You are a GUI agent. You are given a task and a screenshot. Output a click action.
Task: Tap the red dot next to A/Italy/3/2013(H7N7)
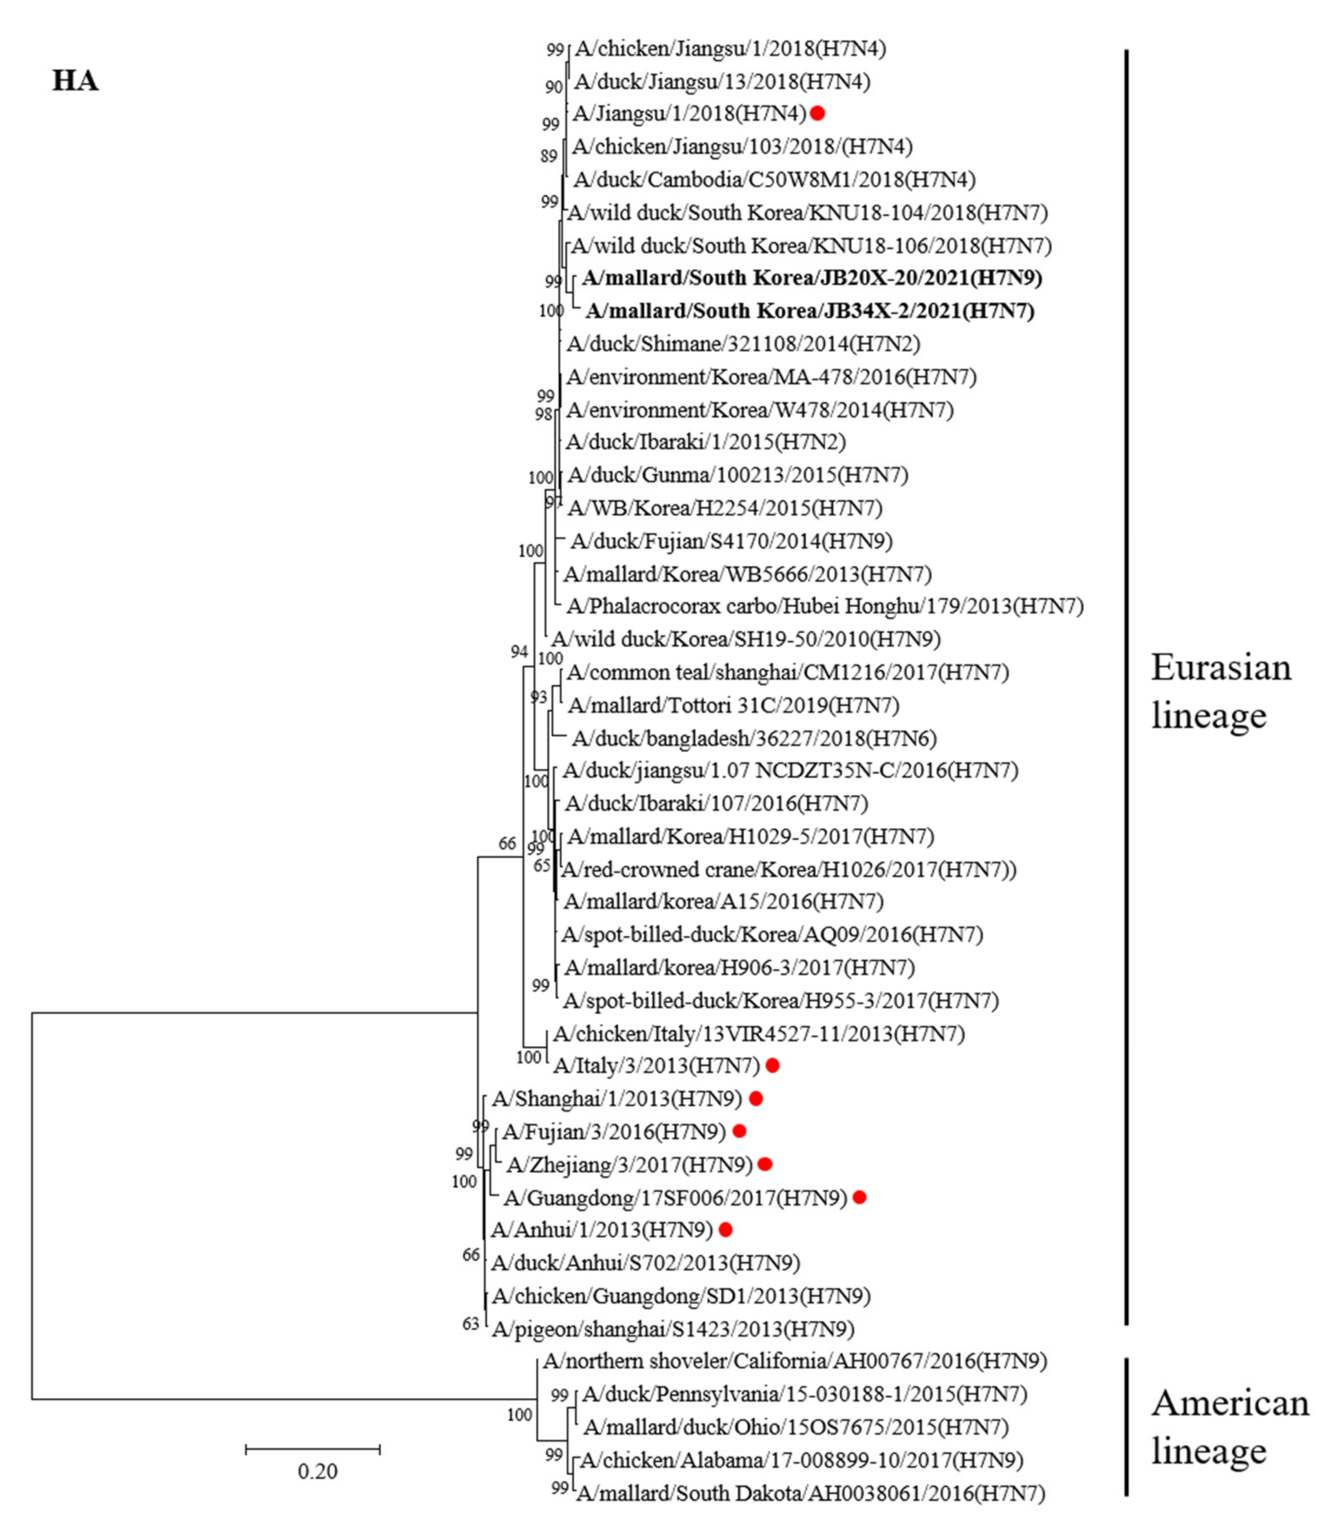[773, 1065]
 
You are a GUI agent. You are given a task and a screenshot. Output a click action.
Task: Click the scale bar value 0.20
[318, 1471]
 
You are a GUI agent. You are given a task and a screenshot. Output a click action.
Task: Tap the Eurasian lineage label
[1220, 691]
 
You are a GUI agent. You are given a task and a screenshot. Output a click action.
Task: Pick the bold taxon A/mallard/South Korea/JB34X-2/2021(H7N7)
[810, 311]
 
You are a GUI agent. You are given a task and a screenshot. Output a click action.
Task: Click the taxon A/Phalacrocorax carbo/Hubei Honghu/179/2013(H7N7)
[825, 606]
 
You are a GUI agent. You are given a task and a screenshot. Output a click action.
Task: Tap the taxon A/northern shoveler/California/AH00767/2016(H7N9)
[795, 1361]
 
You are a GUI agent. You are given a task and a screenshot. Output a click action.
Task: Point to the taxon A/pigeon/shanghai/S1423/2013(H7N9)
[673, 1329]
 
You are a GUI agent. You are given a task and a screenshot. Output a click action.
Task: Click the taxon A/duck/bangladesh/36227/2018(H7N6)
[754, 738]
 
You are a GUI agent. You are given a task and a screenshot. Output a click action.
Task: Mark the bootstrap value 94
[519, 651]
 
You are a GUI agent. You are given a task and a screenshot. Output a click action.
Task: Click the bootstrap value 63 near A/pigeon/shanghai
[471, 1324]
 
